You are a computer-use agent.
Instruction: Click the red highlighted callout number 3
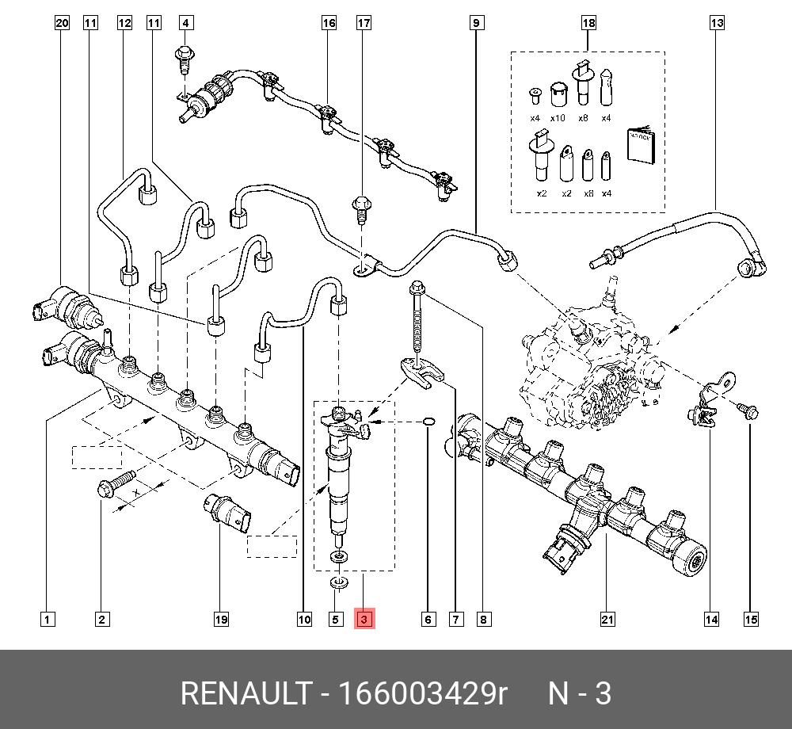[364, 619]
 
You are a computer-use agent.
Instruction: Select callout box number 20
[63, 23]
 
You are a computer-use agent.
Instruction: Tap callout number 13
[716, 23]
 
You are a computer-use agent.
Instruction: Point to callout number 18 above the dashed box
[588, 23]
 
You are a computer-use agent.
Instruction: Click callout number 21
[607, 619]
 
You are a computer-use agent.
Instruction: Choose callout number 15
[750, 619]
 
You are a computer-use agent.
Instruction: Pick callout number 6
[428, 619]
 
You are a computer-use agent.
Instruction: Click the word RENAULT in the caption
[246, 693]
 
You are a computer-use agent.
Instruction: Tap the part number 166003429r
[423, 693]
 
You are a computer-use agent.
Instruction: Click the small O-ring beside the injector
[428, 421]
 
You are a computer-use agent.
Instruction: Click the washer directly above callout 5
[339, 585]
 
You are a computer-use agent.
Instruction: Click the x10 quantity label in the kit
[558, 118]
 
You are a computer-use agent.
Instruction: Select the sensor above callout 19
[228, 510]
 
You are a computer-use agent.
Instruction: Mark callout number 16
[329, 23]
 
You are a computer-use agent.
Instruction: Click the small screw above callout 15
[746, 410]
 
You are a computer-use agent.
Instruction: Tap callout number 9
[476, 23]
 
